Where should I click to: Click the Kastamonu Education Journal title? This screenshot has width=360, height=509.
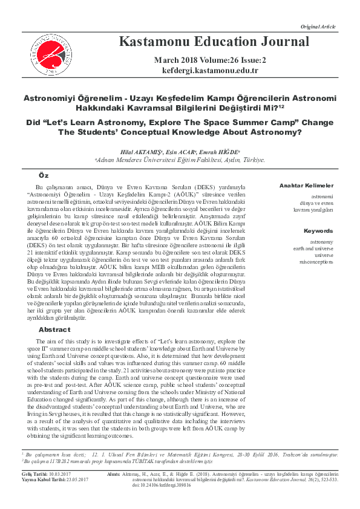click(206, 42)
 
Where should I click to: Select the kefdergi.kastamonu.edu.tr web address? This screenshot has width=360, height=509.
click(206, 71)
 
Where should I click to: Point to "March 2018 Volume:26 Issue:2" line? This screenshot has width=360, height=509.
click(206, 60)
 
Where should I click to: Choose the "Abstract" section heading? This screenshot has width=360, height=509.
click(54, 329)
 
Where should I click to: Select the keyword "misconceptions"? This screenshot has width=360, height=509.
click(316, 262)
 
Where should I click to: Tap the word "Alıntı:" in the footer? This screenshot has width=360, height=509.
click(114, 474)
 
